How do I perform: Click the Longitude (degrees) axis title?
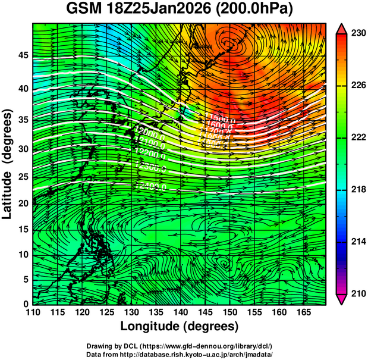pos(180,326)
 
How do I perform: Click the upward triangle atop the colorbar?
pos(342,28)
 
